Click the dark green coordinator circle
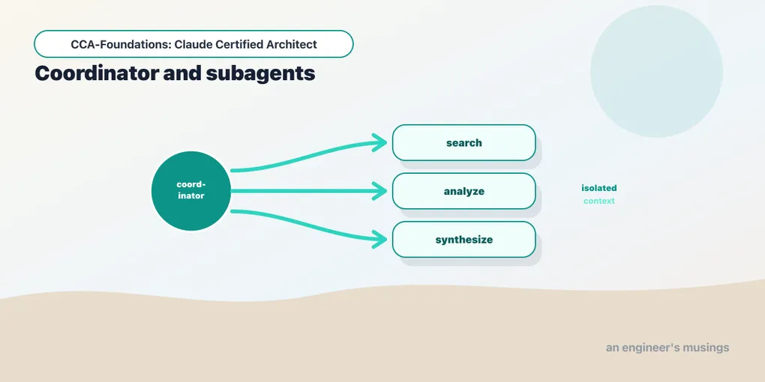point(190,191)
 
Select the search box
point(464,143)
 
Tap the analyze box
point(464,191)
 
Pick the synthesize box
point(464,239)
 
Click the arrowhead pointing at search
point(380,142)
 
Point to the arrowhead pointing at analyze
point(380,191)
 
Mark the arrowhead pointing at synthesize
point(380,239)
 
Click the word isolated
point(599,188)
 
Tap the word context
point(599,201)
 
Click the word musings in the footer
point(707,348)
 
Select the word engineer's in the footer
point(651,348)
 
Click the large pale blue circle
point(657,71)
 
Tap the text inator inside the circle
point(190,196)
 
